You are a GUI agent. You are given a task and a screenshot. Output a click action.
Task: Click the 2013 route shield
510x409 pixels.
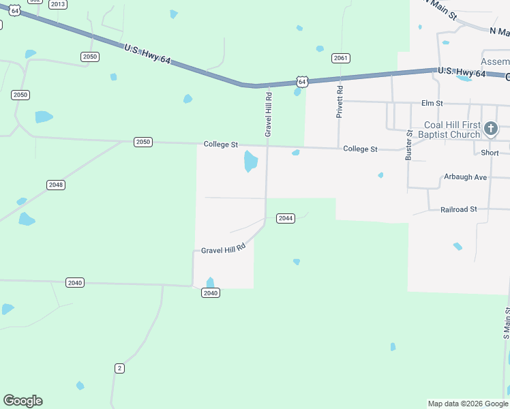(58, 4)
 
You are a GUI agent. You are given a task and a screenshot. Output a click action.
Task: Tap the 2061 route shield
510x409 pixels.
(341, 58)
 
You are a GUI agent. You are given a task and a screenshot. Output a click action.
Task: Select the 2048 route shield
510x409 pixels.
(56, 185)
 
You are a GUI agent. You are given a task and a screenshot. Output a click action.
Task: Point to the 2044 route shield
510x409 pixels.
(285, 218)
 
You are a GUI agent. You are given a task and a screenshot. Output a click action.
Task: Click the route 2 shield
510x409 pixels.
(119, 368)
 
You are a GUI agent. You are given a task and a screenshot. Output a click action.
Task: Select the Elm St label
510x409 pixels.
(432, 104)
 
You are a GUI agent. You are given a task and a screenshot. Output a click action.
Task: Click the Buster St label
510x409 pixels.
(409, 145)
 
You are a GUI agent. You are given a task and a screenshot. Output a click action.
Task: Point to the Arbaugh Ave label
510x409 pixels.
(465, 177)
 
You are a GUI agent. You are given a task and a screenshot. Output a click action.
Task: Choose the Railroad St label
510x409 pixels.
(458, 209)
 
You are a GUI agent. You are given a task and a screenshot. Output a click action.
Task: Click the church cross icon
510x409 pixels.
(490, 129)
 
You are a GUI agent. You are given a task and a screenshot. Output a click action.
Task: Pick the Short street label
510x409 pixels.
(490, 153)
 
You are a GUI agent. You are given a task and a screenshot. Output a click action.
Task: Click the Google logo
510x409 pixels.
(22, 401)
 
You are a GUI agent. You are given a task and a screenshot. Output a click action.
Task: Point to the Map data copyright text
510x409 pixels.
(468, 404)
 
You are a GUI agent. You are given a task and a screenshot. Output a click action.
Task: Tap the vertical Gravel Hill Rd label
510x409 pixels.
(269, 115)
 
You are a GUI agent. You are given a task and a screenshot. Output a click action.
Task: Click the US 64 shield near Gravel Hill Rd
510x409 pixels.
(303, 82)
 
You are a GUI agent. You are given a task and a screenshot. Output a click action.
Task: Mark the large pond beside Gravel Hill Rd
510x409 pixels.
(251, 162)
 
